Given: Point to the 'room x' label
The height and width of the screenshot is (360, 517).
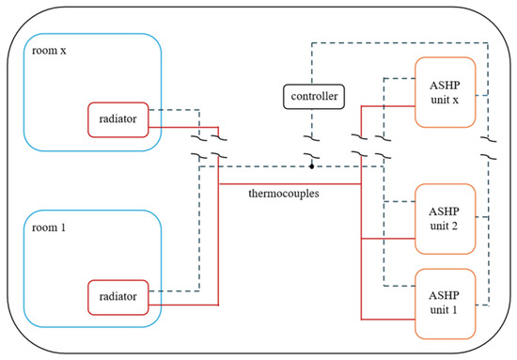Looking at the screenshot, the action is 49,51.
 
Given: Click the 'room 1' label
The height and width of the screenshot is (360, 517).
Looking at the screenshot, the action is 49,227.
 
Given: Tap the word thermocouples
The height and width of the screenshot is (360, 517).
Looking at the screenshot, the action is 284,194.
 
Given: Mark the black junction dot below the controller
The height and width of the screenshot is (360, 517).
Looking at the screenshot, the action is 311,166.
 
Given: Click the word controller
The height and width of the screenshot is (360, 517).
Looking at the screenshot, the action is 314,96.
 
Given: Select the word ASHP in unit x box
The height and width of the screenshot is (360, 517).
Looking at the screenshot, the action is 445,86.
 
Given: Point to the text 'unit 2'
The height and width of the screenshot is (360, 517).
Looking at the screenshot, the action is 444,226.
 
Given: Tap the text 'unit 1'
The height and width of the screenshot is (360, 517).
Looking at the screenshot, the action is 444,310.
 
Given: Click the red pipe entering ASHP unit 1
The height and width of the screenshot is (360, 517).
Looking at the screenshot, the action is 388,320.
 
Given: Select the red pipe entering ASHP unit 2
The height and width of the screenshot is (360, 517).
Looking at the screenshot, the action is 388,239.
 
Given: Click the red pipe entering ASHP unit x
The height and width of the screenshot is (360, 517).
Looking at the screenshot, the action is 388,106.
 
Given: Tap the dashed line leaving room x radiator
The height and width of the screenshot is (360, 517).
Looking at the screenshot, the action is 174,110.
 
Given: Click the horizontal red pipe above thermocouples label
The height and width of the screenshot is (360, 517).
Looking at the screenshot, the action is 290,183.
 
